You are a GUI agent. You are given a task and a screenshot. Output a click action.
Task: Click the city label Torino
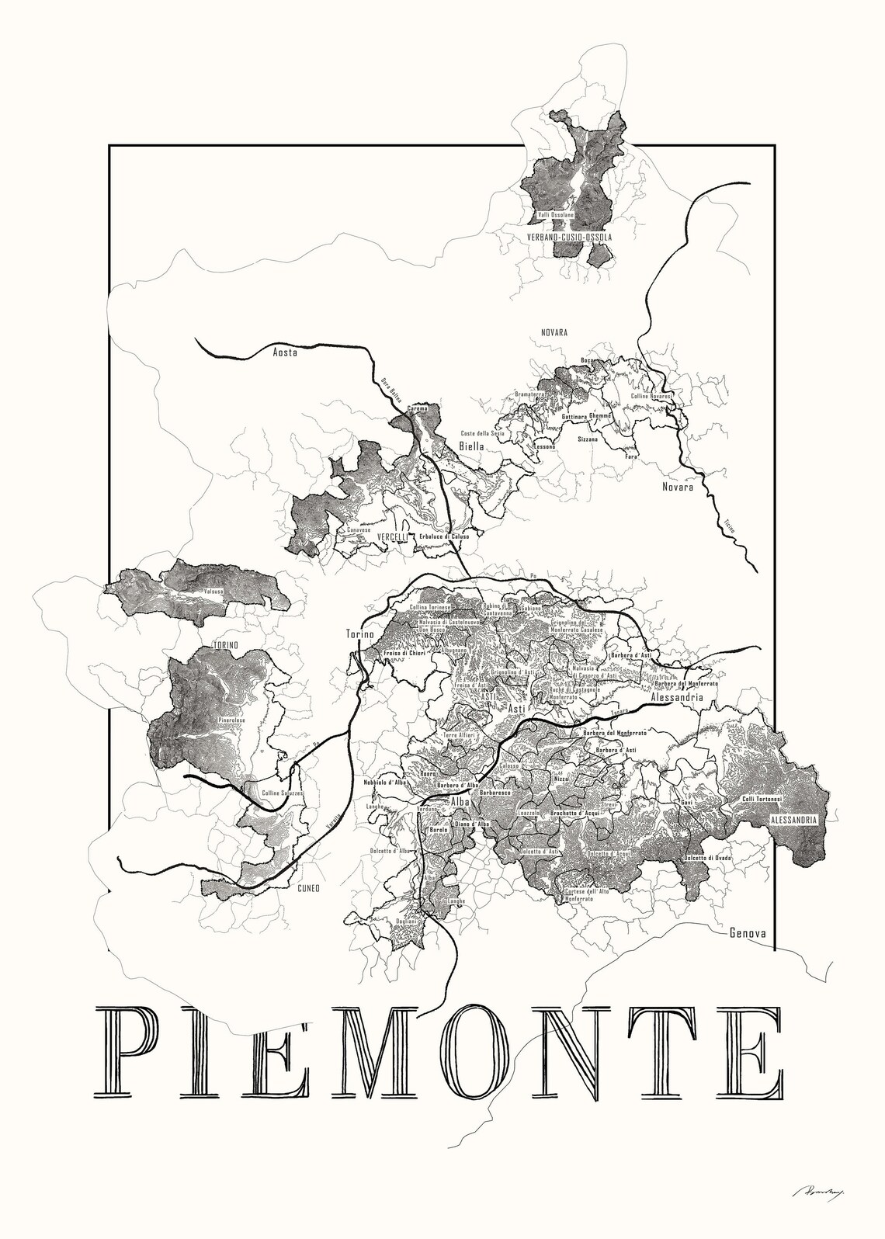click(x=359, y=634)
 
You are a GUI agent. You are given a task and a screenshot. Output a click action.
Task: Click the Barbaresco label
click(x=495, y=793)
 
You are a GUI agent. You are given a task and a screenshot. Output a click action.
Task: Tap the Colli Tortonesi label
click(x=762, y=799)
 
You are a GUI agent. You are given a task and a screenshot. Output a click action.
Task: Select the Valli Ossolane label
click(x=556, y=214)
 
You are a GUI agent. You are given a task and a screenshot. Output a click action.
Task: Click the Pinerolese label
click(x=231, y=720)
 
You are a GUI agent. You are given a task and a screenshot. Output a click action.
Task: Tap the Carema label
click(x=418, y=408)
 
